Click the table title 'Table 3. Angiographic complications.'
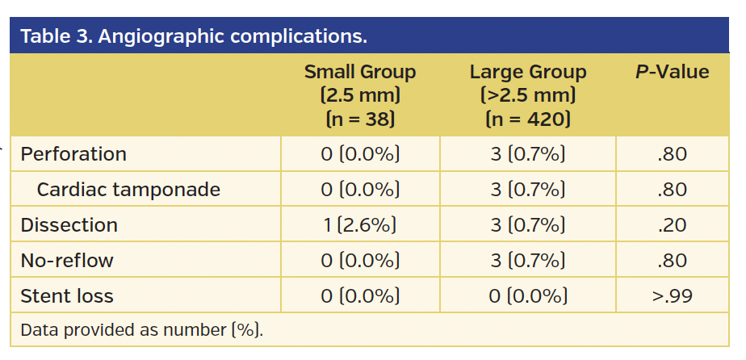(x=194, y=37)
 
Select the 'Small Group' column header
(x=360, y=72)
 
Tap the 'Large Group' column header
(x=528, y=72)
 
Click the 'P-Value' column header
(x=673, y=72)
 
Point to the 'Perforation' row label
(x=73, y=154)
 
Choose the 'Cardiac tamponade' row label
(x=128, y=190)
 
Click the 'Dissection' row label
(x=69, y=225)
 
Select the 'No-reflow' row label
(x=67, y=261)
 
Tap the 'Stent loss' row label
(x=67, y=296)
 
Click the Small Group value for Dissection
(x=360, y=225)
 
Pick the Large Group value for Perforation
(x=528, y=154)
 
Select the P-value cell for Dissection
(x=673, y=225)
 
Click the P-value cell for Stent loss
(x=673, y=296)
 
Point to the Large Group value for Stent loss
(x=528, y=296)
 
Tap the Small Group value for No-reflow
(x=360, y=261)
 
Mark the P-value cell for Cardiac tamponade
(x=673, y=190)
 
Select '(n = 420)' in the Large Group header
(x=528, y=119)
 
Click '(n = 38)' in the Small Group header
(x=360, y=119)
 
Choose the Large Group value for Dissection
(x=528, y=225)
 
